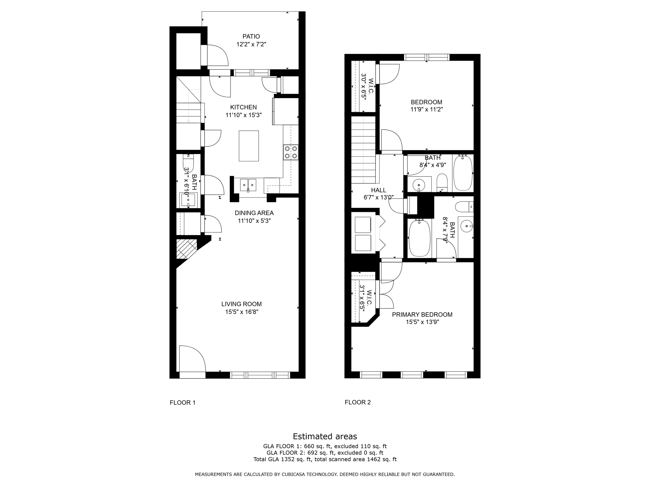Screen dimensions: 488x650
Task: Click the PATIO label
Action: coord(251,37)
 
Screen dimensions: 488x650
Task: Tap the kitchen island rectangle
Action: coord(249,146)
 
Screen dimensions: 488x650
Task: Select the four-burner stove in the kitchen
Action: coord(291,152)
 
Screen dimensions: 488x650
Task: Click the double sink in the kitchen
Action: coord(248,185)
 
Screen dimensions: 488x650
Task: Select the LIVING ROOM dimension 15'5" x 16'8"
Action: coord(242,312)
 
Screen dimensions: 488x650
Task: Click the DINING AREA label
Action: coord(254,213)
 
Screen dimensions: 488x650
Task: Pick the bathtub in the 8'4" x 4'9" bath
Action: coord(463,173)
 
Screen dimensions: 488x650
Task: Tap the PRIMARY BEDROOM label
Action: coord(422,315)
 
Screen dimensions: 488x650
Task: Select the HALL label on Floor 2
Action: coord(378,190)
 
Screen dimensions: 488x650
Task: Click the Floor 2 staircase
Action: coord(363,150)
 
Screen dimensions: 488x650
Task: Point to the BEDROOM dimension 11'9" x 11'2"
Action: coord(426,110)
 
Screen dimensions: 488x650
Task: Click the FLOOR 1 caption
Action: coord(182,403)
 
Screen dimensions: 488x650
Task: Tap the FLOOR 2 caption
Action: coord(357,402)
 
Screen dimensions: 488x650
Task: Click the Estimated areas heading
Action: coord(325,436)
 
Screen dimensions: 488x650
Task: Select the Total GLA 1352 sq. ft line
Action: coord(325,459)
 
